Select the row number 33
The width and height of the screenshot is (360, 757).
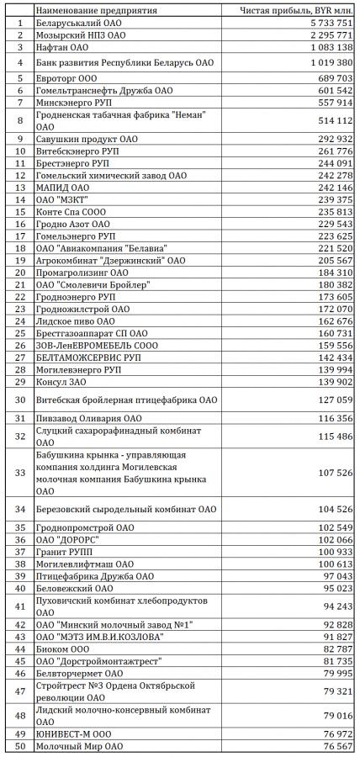pos(18,473)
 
